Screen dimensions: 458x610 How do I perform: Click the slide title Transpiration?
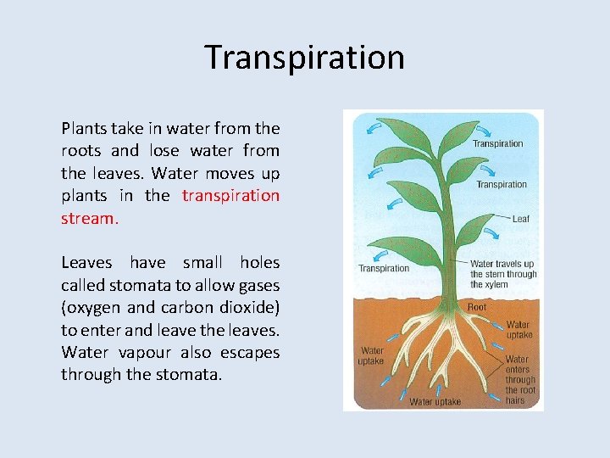pyautogui.click(x=305, y=58)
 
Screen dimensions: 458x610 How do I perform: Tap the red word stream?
pyautogui.click(x=89, y=218)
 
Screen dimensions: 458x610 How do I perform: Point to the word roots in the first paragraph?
pyautogui.click(x=81, y=151)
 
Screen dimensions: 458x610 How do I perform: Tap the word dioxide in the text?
pyautogui.click(x=250, y=307)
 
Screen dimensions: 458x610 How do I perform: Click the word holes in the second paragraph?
pyautogui.click(x=259, y=263)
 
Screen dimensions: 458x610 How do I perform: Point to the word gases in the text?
pyautogui.click(x=258, y=285)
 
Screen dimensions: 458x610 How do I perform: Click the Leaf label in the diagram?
pyautogui.click(x=520, y=219)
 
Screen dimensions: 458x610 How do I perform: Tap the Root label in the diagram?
pyautogui.click(x=477, y=307)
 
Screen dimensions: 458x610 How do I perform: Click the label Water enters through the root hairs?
pyautogui.click(x=520, y=380)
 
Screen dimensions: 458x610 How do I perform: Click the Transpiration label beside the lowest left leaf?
pyautogui.click(x=383, y=269)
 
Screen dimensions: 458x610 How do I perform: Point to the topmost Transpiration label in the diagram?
pyautogui.click(x=497, y=143)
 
